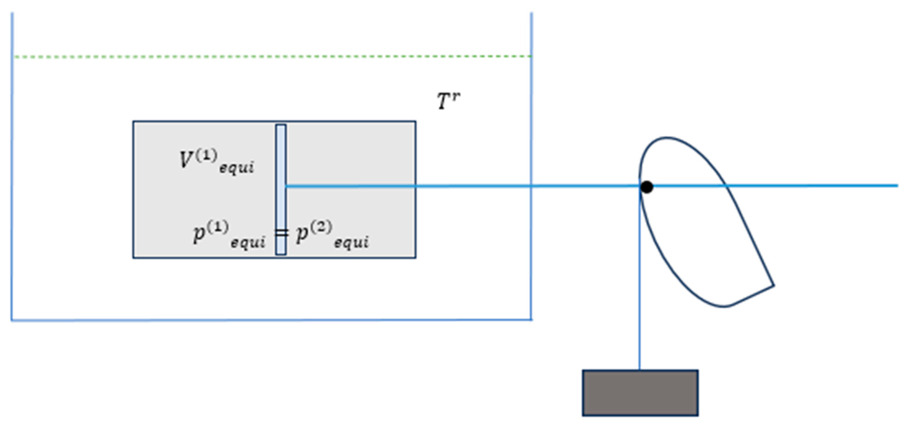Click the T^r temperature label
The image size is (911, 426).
(x=448, y=101)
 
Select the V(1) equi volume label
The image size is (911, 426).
(x=216, y=161)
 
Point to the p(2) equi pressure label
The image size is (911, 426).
(x=332, y=235)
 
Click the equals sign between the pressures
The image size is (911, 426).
(x=282, y=233)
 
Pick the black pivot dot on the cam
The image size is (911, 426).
(x=647, y=187)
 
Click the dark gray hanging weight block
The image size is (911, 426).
(x=640, y=393)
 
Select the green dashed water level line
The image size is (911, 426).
(x=272, y=56)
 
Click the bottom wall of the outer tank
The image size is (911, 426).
(x=272, y=320)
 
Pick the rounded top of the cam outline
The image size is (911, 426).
(x=667, y=138)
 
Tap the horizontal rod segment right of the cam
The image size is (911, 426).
(x=813, y=185)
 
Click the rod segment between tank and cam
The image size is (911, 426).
(x=584, y=186)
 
